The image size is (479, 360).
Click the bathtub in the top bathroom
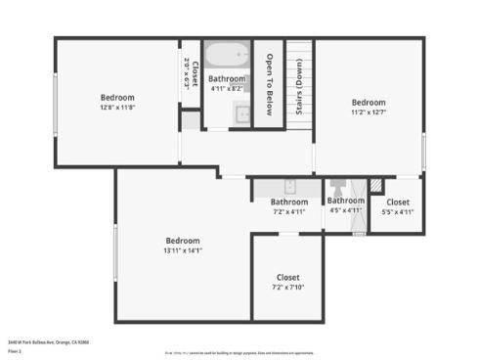tap(227, 54)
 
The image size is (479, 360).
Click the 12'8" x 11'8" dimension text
tap(117, 109)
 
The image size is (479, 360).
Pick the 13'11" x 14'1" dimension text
tap(182, 251)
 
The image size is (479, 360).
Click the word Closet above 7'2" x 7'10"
tap(287, 277)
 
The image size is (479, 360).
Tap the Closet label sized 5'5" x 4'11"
tap(398, 202)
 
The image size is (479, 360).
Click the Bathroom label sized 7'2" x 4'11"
tap(288, 202)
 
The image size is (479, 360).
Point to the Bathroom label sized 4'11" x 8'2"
tap(227, 78)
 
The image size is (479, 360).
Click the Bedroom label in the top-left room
tap(117, 98)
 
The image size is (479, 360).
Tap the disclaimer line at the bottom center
tap(239, 351)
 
